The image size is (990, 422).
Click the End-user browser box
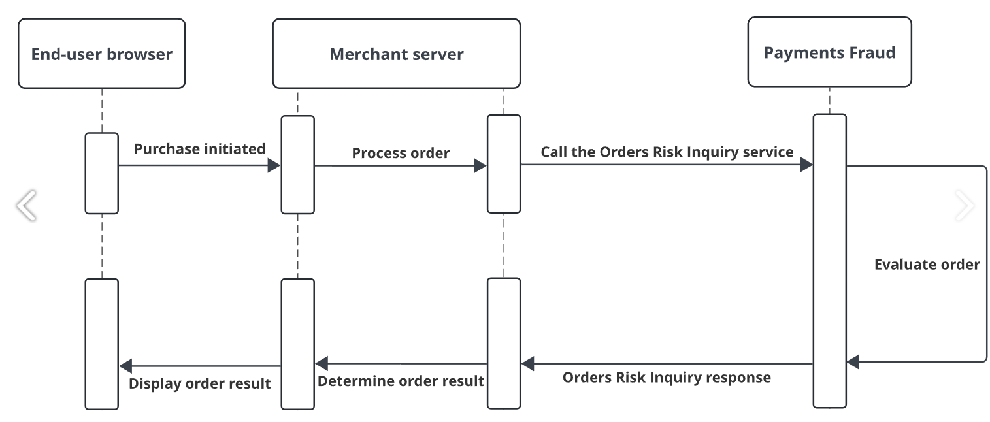coord(101,53)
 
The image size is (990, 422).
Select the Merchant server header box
coord(396,54)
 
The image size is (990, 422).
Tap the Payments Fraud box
coord(829,52)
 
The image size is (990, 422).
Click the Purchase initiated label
coord(199,149)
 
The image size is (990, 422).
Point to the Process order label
coord(401,153)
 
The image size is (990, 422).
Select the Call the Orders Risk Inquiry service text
coord(667,152)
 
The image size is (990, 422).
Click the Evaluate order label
coord(927,265)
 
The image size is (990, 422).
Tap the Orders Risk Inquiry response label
coord(667,378)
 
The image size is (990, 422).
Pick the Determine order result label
coord(401,381)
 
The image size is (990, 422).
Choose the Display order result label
coord(199,383)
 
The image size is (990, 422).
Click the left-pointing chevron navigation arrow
coord(26,206)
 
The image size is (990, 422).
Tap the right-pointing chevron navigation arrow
coord(965,206)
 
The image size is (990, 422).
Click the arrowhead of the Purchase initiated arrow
coord(274,166)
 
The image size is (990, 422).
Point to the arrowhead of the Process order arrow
coord(480,166)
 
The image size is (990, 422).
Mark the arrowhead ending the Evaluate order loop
coord(853,361)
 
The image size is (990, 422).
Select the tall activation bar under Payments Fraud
coord(829,261)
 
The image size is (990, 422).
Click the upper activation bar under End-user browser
coord(101,173)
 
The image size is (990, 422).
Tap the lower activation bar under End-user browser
coord(101,344)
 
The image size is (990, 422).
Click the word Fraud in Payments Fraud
coord(870,52)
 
